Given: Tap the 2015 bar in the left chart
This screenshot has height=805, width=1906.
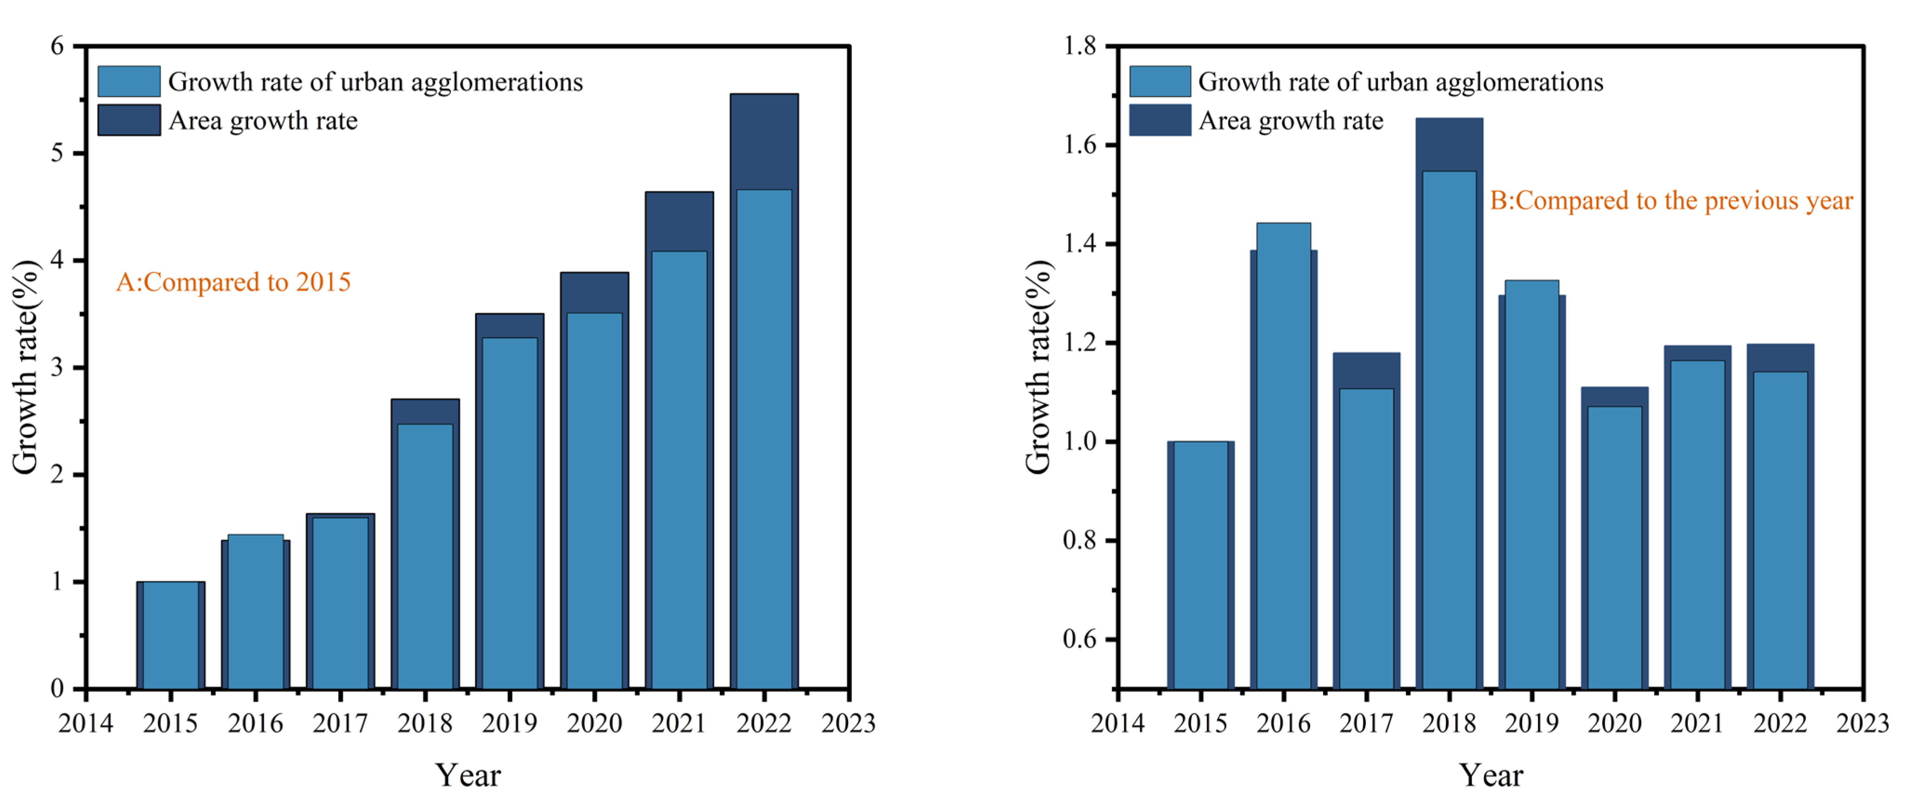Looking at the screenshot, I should point(170,636).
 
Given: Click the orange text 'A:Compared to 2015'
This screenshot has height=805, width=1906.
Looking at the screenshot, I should point(233,282).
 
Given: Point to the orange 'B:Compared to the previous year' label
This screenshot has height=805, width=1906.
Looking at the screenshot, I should point(1671,201).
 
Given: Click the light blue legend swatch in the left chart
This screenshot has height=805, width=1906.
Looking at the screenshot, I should point(129,81).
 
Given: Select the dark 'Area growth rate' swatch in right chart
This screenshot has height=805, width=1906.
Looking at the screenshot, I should point(1159,121).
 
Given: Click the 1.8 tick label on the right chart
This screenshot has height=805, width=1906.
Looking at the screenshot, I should point(1079,46).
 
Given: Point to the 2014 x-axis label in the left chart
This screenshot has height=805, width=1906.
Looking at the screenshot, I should point(86,724).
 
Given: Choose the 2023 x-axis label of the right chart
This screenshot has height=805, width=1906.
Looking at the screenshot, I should point(1862,724).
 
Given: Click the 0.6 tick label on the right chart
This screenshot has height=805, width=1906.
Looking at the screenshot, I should point(1079,639).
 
